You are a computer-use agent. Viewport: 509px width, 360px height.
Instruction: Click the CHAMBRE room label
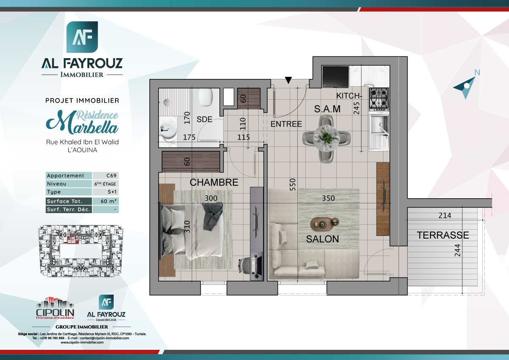(214, 183)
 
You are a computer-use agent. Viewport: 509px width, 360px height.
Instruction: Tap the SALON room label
(322, 239)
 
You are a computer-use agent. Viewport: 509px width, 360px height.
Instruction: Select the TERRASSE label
(442, 235)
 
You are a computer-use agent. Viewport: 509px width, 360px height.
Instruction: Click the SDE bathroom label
(204, 120)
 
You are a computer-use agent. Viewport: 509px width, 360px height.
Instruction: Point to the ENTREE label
(286, 124)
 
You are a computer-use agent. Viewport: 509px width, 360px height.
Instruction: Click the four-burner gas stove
(379, 98)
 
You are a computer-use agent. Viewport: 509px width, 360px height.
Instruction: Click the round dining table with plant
(327, 137)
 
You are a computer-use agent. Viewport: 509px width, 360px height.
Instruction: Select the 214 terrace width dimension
(444, 215)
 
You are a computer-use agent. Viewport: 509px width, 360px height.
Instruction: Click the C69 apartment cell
(106, 176)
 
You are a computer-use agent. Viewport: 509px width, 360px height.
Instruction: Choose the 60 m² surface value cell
(106, 201)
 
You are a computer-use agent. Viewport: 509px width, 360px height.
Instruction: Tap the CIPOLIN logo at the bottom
(55, 308)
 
